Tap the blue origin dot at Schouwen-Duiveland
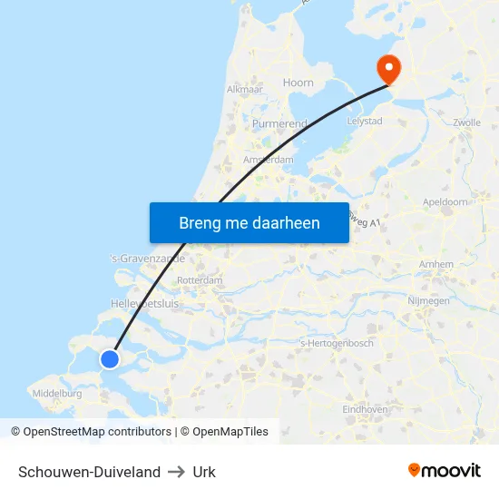(110, 359)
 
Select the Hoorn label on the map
(298, 83)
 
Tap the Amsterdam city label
(269, 160)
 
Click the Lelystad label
(365, 120)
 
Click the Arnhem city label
(436, 264)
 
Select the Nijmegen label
(428, 300)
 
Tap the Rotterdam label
(200, 281)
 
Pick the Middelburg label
(56, 394)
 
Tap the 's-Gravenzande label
(147, 259)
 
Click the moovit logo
(444, 470)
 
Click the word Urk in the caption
(204, 472)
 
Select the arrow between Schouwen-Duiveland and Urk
(176, 472)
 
